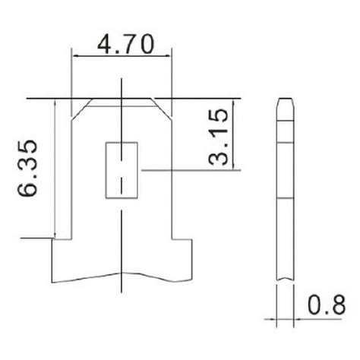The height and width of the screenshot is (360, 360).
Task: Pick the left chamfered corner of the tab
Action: click(x=81, y=107)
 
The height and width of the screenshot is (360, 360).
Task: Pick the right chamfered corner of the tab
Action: click(x=163, y=107)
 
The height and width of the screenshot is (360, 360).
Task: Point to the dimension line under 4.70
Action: click(x=122, y=55)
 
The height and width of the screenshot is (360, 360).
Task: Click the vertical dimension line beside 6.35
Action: click(x=56, y=167)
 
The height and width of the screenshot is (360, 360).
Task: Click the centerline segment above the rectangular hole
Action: click(x=122, y=114)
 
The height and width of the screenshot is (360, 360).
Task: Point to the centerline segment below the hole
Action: click(x=122, y=220)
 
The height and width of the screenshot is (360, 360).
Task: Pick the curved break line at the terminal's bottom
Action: click(x=122, y=273)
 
